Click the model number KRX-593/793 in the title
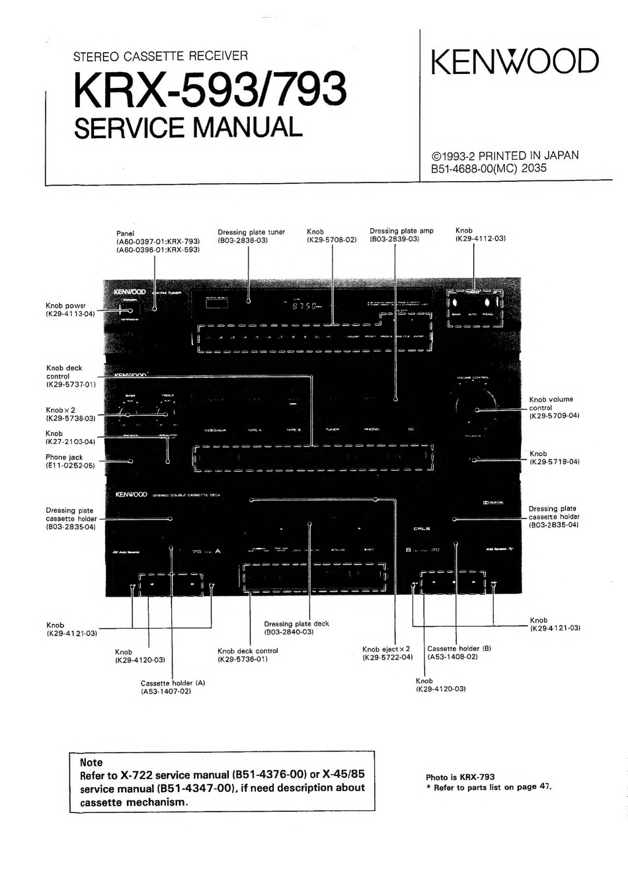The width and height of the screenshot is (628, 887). click(210, 89)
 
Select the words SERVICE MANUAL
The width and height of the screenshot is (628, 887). click(188, 127)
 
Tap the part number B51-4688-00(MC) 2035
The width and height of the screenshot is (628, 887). click(489, 168)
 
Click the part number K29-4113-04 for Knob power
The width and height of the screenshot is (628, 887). click(70, 314)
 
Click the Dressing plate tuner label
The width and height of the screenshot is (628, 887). click(251, 232)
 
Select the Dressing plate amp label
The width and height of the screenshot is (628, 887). click(401, 231)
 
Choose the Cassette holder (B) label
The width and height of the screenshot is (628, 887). click(459, 648)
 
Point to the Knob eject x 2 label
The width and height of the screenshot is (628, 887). click(387, 649)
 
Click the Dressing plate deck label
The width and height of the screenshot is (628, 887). click(296, 624)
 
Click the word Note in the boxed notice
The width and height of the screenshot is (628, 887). click(91, 762)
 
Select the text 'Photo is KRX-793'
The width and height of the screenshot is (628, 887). click(460, 777)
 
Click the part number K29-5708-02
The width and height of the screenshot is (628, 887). click(331, 240)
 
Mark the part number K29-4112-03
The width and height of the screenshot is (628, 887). click(480, 239)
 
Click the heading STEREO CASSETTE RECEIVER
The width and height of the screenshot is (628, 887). click(161, 57)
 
